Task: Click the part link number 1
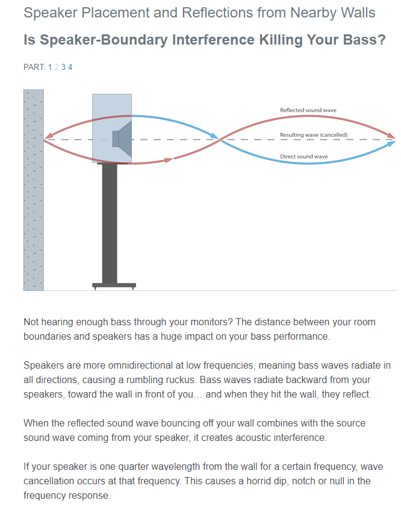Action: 50,67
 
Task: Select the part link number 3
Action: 63,67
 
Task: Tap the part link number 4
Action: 70,67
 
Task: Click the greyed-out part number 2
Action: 57,67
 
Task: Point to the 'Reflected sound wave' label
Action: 308,110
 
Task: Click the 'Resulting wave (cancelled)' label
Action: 314,135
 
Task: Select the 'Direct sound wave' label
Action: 304,157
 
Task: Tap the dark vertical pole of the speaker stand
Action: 110,223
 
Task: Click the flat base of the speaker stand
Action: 114,286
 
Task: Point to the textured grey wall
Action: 34,190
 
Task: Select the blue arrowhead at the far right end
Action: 390,143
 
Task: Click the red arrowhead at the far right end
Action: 390,135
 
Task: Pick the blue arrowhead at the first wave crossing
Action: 214,136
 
